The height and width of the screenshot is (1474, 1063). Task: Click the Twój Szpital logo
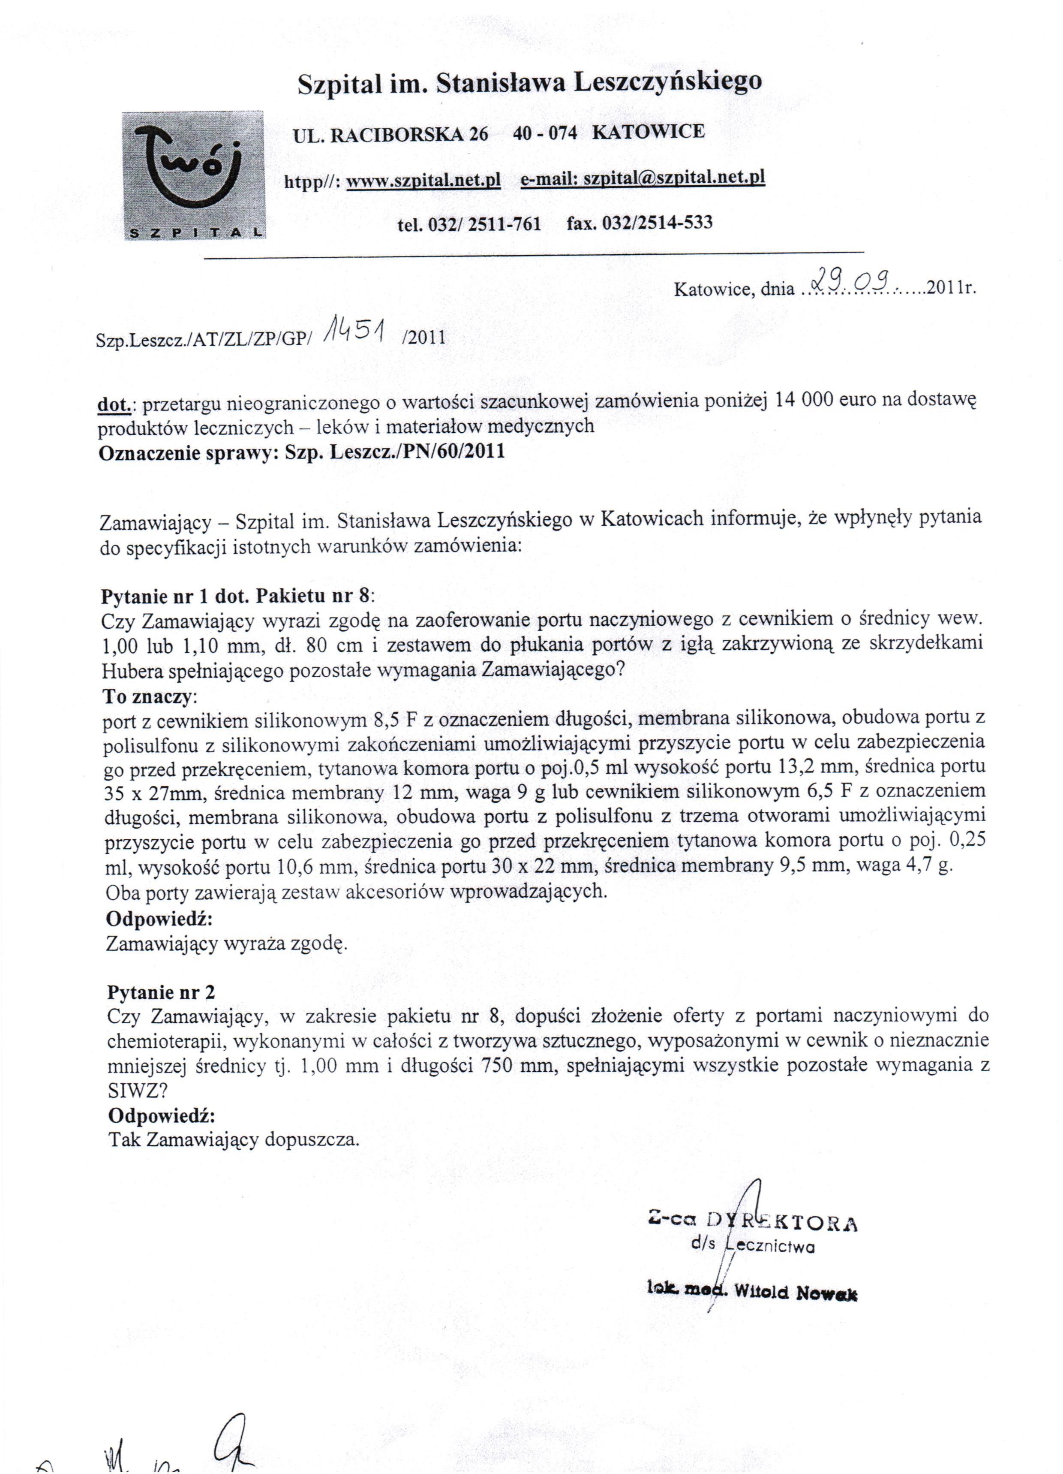[x=194, y=175]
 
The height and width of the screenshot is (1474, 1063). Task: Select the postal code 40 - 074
[x=544, y=133]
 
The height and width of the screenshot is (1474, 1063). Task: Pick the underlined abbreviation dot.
[x=114, y=404]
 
